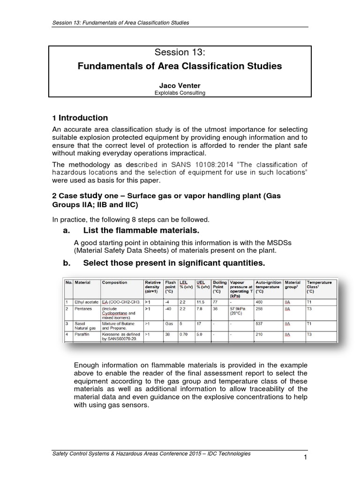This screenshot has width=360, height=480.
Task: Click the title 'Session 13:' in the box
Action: (180, 52)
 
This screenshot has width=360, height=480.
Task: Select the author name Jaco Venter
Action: (180, 85)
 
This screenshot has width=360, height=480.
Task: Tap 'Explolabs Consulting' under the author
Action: (180, 93)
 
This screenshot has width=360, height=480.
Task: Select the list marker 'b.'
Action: (67, 264)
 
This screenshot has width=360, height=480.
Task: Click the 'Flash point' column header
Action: (170, 285)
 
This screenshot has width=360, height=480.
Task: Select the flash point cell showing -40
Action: (168, 309)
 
